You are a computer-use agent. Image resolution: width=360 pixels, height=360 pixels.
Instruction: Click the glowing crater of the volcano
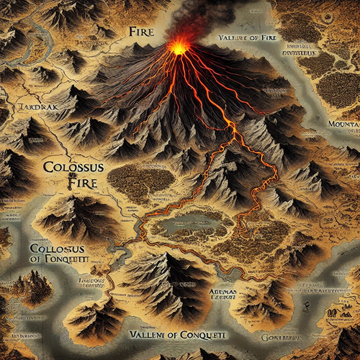tap(178, 48)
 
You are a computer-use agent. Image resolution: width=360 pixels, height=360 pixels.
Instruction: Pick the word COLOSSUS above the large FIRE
tap(64, 168)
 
